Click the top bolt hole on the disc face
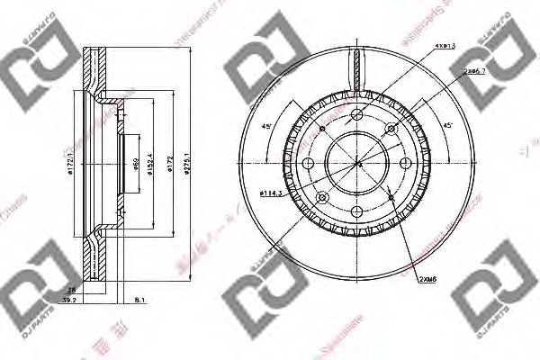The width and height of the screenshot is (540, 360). (357, 115)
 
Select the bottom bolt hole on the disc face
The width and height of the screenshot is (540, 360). (357, 211)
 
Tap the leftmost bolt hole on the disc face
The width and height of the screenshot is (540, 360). (310, 164)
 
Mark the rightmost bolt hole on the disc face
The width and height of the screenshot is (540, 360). (406, 164)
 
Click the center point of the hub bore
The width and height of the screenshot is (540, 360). (357, 164)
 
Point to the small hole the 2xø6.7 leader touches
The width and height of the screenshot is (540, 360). (391, 130)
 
